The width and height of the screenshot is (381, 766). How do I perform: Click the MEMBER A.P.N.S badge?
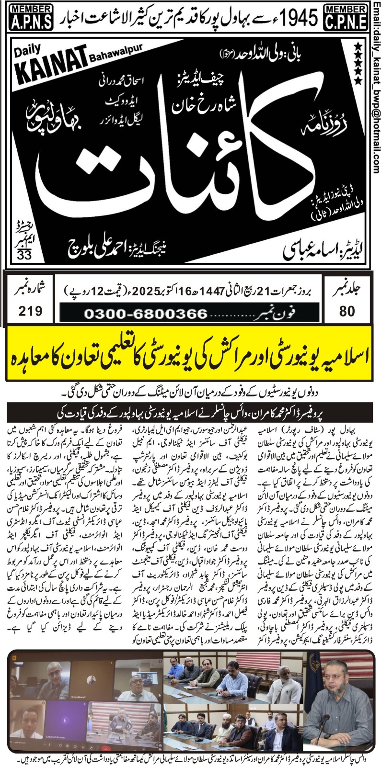(x=27, y=16)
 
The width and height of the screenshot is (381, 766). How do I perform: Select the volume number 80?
(x=346, y=311)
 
